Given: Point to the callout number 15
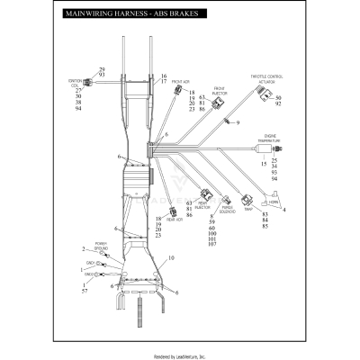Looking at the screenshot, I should (263, 166).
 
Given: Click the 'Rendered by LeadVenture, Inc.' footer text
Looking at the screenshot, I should (180, 355).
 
